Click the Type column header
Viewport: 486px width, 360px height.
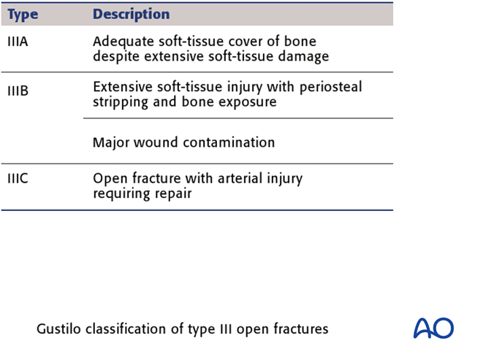pyautogui.click(x=23, y=15)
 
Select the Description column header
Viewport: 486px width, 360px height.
pyautogui.click(x=131, y=15)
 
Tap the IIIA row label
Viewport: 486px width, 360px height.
pyautogui.click(x=18, y=42)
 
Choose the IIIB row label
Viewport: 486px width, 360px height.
pyautogui.click(x=18, y=92)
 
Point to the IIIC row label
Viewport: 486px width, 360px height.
pyautogui.click(x=18, y=178)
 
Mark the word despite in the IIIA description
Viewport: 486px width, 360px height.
pyautogui.click(x=114, y=57)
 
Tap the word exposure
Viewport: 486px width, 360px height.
pyautogui.click(x=250, y=102)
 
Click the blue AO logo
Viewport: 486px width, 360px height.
pyautogui.click(x=433, y=328)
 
